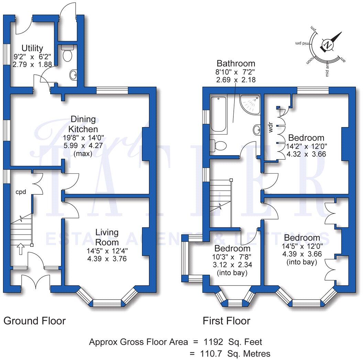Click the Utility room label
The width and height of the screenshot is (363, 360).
(32, 48)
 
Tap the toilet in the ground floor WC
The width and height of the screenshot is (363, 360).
(68, 55)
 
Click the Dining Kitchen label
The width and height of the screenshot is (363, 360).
(83, 124)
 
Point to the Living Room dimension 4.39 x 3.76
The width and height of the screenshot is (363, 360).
(107, 258)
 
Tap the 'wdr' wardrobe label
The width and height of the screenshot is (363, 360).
(271, 127)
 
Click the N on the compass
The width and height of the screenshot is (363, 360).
(328, 45)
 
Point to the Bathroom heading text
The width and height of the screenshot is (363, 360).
(236, 63)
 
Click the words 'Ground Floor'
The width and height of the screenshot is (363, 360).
(34, 321)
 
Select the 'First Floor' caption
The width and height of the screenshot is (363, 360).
(226, 321)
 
